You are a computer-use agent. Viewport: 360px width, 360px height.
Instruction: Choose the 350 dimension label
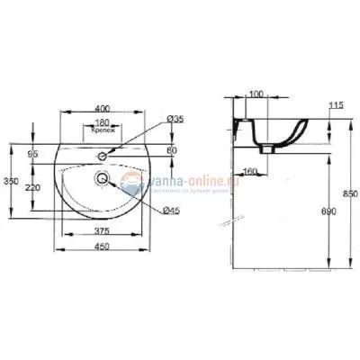pyautogui.click(x=11, y=181)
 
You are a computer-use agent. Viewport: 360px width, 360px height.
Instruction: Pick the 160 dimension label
pyautogui.click(x=251, y=171)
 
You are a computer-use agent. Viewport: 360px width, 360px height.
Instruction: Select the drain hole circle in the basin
pyautogui.click(x=103, y=178)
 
